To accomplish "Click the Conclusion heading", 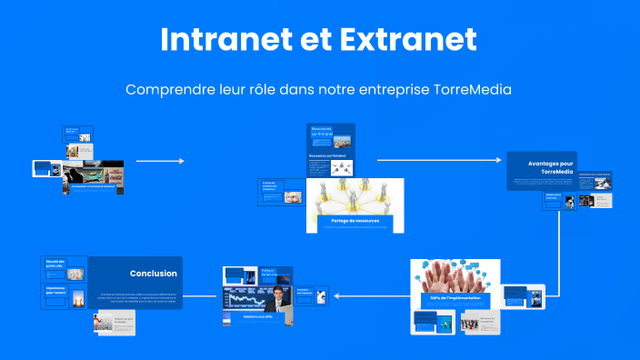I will click(153, 273).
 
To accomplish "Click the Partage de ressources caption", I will click(355, 221).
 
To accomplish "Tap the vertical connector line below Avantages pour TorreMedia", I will click(557, 254).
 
